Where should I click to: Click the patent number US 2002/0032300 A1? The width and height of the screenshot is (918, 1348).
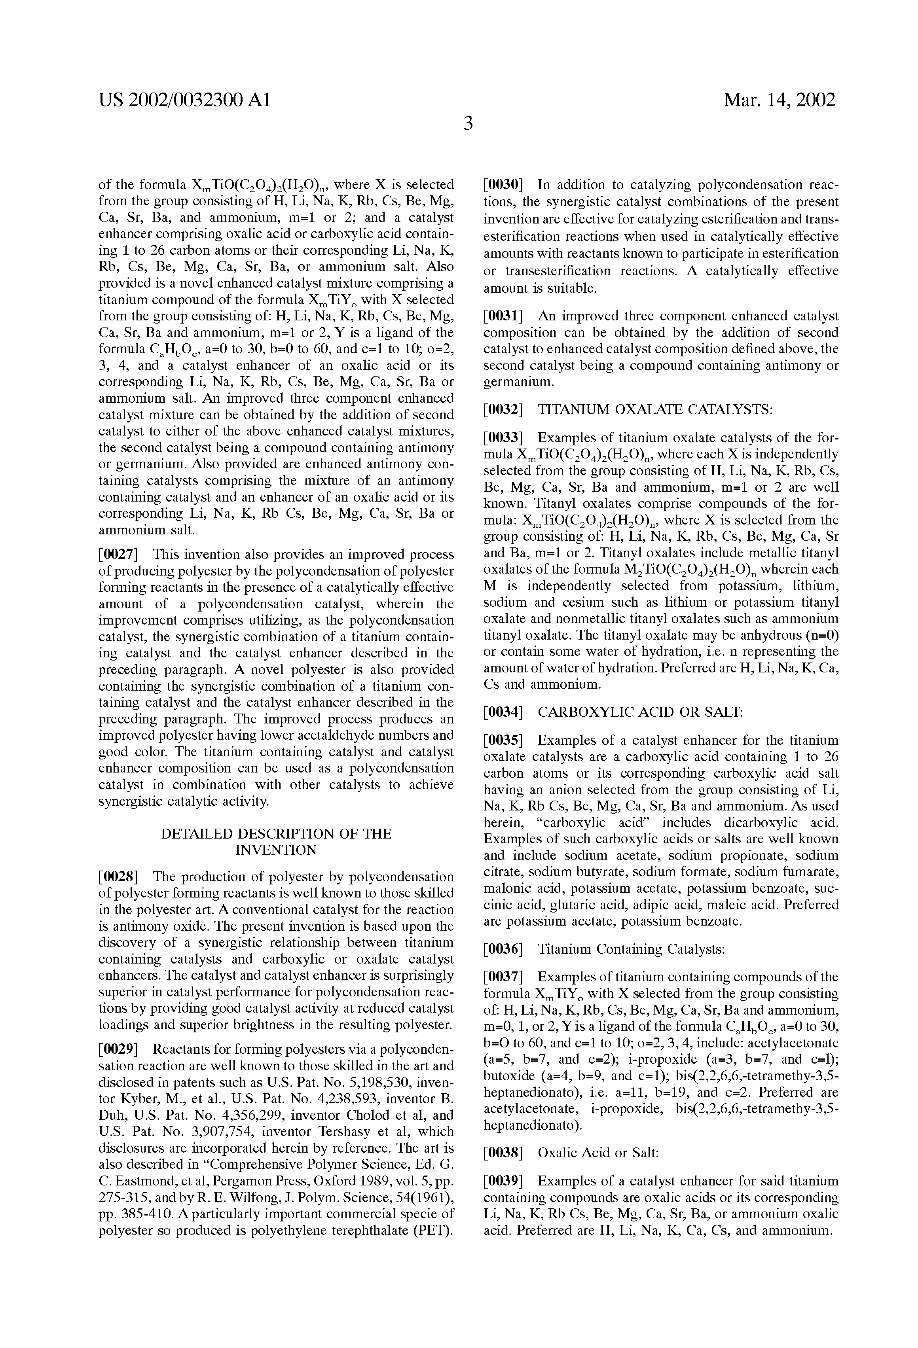click(184, 101)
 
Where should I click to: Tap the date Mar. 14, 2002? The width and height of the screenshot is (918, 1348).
click(780, 101)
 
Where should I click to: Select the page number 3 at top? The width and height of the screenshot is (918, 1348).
click(468, 123)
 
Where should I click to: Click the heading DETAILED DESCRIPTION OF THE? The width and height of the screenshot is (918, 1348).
click(276, 833)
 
